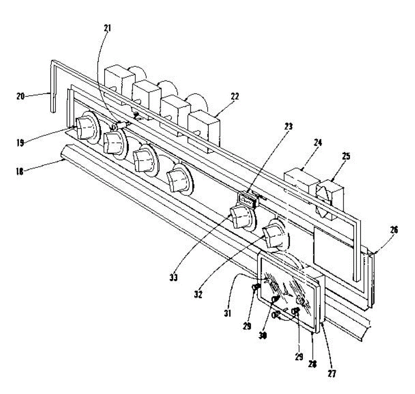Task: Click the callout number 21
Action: (x=107, y=28)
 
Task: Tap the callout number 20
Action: (x=20, y=96)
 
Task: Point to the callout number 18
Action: (x=20, y=171)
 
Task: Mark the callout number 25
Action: (x=345, y=156)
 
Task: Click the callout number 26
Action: (x=394, y=229)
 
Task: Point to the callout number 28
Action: (x=313, y=364)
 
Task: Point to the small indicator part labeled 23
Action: (x=247, y=200)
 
